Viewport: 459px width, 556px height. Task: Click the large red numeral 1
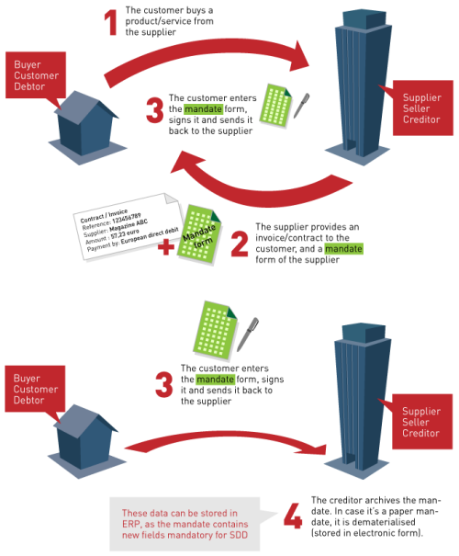click(x=112, y=22)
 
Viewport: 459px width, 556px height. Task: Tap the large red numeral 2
click(x=240, y=244)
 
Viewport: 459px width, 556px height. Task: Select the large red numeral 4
click(x=293, y=516)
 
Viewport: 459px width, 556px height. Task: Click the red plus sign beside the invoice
click(x=166, y=247)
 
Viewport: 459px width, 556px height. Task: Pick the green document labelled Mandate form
click(x=199, y=234)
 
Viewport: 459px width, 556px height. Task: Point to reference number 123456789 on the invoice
click(x=126, y=219)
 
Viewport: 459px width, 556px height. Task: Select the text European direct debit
click(x=150, y=236)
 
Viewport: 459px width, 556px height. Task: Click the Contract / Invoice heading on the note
click(x=104, y=216)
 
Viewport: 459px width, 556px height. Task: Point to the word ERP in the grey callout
click(x=130, y=524)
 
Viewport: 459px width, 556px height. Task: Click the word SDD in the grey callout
click(x=239, y=535)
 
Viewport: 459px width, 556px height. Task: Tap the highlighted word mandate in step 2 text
click(x=343, y=249)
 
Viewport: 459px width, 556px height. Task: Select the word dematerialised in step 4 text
click(x=384, y=522)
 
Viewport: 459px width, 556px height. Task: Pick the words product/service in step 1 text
click(x=158, y=21)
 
